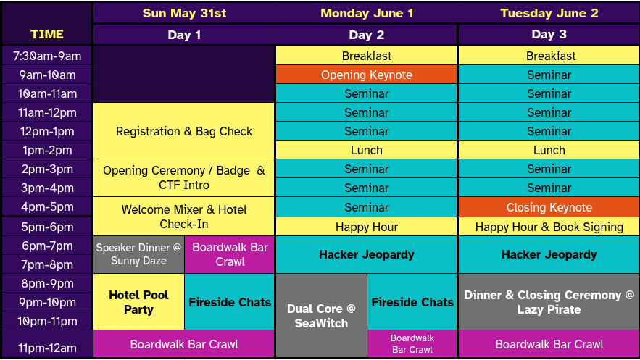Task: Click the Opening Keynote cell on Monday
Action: pos(366,75)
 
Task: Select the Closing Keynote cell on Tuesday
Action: pos(549,207)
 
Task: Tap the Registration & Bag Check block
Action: pos(184,131)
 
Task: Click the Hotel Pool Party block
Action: pos(138,302)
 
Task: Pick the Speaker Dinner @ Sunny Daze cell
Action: pos(138,254)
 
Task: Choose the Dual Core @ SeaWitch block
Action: pos(321,315)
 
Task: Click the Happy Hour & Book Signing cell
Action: pos(549,227)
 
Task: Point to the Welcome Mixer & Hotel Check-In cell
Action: pos(184,217)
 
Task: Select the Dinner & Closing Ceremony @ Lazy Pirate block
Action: pos(549,302)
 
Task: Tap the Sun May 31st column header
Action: pos(184,13)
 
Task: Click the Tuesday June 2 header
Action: pos(549,13)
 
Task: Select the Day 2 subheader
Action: pos(366,35)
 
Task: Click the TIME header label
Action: pos(47,34)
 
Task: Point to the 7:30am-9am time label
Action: pos(47,56)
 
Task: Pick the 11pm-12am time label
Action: pos(47,348)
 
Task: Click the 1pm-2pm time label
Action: pos(47,150)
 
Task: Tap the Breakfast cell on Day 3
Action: pos(549,56)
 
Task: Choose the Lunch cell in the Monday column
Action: pos(366,150)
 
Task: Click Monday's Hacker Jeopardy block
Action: pos(366,254)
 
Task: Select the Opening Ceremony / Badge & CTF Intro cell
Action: pos(184,177)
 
